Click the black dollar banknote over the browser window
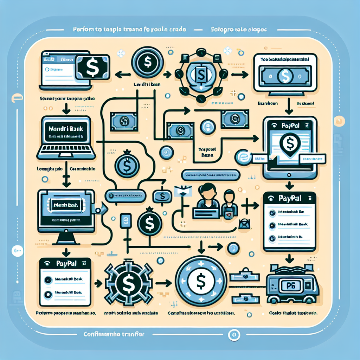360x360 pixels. pos(92,67)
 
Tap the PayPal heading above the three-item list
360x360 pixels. pos(290,199)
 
